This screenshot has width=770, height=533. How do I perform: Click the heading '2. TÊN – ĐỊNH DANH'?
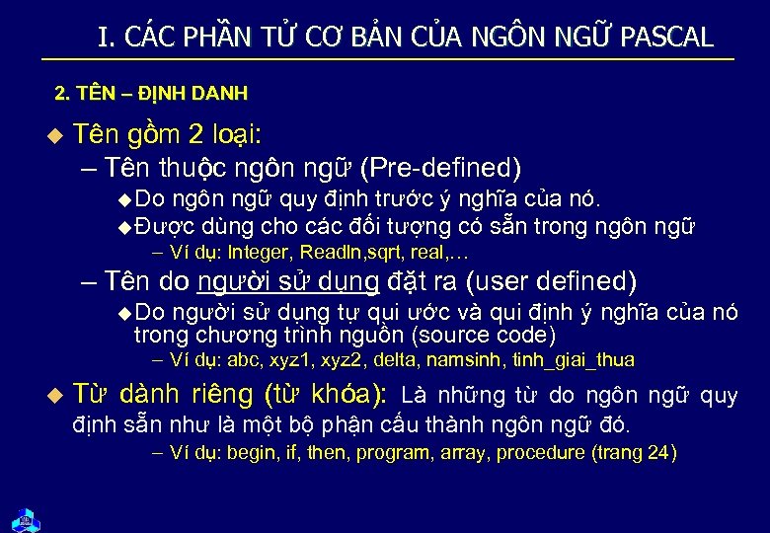(x=151, y=95)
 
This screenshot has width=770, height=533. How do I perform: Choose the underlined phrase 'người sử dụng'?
(x=288, y=281)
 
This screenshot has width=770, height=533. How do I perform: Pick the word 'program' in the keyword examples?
(x=393, y=454)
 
